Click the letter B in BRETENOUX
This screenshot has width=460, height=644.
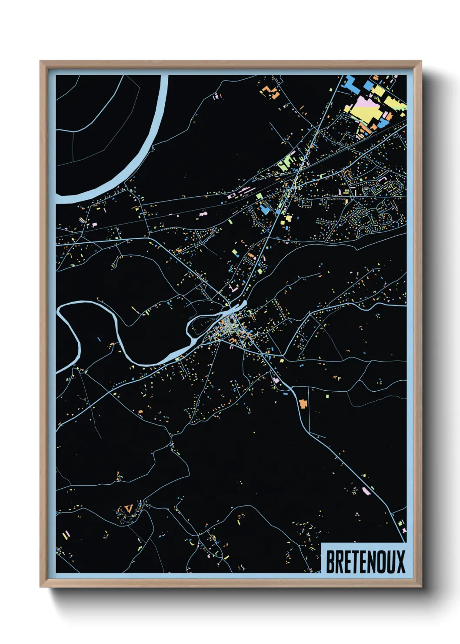[x=330, y=562]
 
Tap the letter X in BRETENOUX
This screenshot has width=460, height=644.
[x=400, y=562]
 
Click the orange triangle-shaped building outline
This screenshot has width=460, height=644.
[x=128, y=507]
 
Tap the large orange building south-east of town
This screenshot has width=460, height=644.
[x=303, y=403]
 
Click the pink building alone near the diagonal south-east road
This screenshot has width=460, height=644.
[x=366, y=491]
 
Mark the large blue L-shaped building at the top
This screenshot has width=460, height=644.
[x=352, y=85]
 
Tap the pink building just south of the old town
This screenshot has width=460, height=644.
[x=275, y=380]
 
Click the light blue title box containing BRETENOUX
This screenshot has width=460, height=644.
[x=364, y=559]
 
